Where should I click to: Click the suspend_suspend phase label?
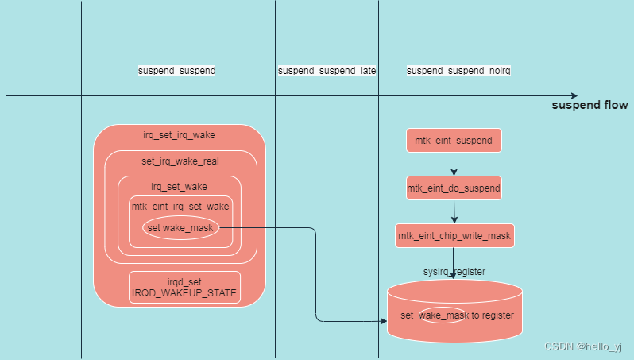(x=176, y=71)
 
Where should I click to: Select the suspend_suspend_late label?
(x=327, y=71)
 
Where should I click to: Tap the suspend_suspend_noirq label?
(x=458, y=71)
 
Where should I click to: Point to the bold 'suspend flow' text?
(x=590, y=105)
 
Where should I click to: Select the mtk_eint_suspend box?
(x=454, y=141)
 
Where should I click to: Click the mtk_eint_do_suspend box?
(x=454, y=189)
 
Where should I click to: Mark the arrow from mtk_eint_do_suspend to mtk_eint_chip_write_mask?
(x=454, y=211)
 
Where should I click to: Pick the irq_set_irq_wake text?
(x=179, y=134)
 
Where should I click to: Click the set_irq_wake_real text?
(x=179, y=161)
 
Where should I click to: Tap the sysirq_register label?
(x=454, y=271)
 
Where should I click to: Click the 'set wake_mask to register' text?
(x=458, y=315)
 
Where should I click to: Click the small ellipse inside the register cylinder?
(x=443, y=315)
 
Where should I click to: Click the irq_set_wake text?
(x=179, y=187)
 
